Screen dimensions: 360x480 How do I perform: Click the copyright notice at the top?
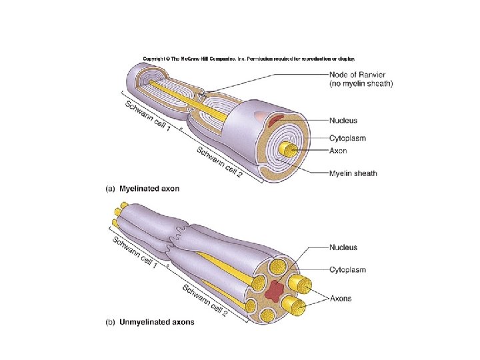249,59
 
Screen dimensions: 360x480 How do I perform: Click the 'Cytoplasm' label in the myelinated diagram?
347,138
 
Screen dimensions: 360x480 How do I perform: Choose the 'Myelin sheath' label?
353,173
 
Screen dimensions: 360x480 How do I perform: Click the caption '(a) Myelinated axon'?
143,189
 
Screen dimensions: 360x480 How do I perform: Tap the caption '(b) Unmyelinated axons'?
150,323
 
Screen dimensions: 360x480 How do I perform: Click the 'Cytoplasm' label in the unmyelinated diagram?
347,269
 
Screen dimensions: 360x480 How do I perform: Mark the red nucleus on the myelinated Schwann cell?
275,121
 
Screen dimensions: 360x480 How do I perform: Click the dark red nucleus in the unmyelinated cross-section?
273,291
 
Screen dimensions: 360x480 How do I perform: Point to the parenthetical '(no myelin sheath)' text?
361,83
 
